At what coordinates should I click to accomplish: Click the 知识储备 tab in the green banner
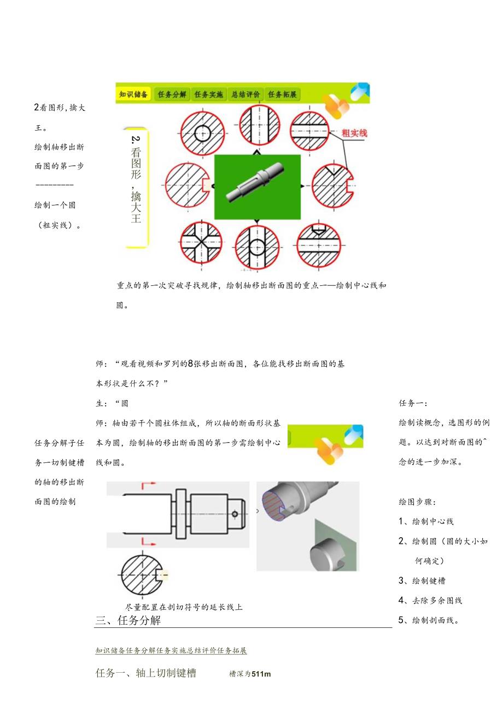133,95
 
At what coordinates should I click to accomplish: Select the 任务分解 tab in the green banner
172,95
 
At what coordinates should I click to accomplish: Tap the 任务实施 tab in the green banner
209,95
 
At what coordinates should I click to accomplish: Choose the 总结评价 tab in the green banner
245,95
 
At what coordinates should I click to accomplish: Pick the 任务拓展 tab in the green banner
282,95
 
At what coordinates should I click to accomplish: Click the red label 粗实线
354,133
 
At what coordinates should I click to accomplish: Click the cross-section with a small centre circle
202,133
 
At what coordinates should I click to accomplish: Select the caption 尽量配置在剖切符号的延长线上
184,607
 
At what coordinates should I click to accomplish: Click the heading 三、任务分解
128,620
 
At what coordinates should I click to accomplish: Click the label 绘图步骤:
417,502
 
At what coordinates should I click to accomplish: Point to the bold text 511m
261,674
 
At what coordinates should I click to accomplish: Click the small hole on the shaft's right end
235,514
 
